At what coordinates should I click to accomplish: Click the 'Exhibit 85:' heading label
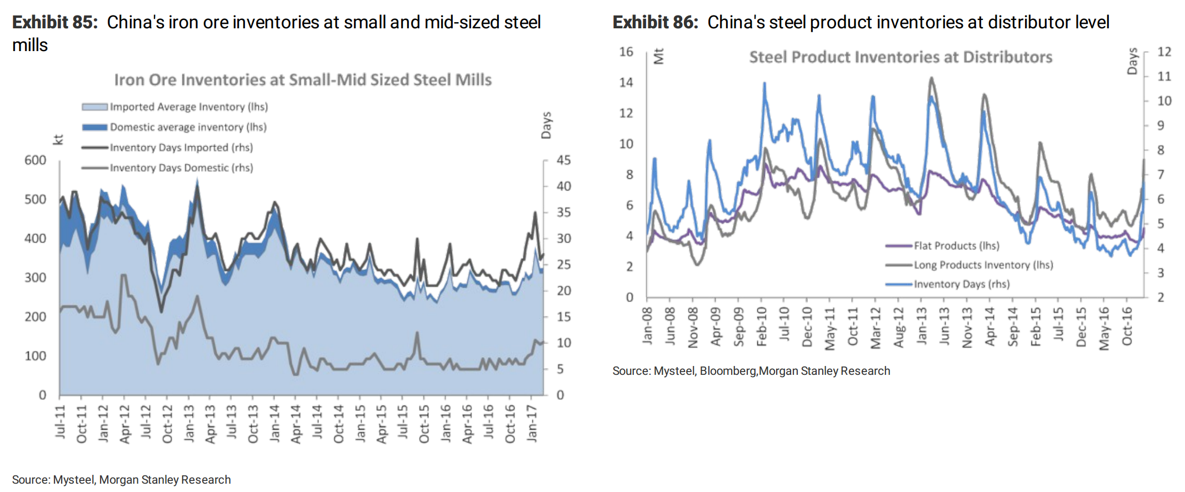click(54, 22)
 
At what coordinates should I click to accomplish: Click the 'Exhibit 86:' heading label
click(655, 22)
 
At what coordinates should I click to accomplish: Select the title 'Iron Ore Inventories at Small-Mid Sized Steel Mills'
click(303, 80)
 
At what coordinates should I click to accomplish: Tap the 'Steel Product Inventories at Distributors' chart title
click(900, 57)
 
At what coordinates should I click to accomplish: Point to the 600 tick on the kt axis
click(36, 160)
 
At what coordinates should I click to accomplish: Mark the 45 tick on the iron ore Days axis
click(563, 160)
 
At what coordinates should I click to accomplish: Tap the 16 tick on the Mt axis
click(626, 52)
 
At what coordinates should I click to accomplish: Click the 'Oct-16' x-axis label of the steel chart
click(1127, 327)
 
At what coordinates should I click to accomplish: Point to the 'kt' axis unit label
click(58, 140)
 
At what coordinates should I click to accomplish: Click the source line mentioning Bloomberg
click(751, 371)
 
